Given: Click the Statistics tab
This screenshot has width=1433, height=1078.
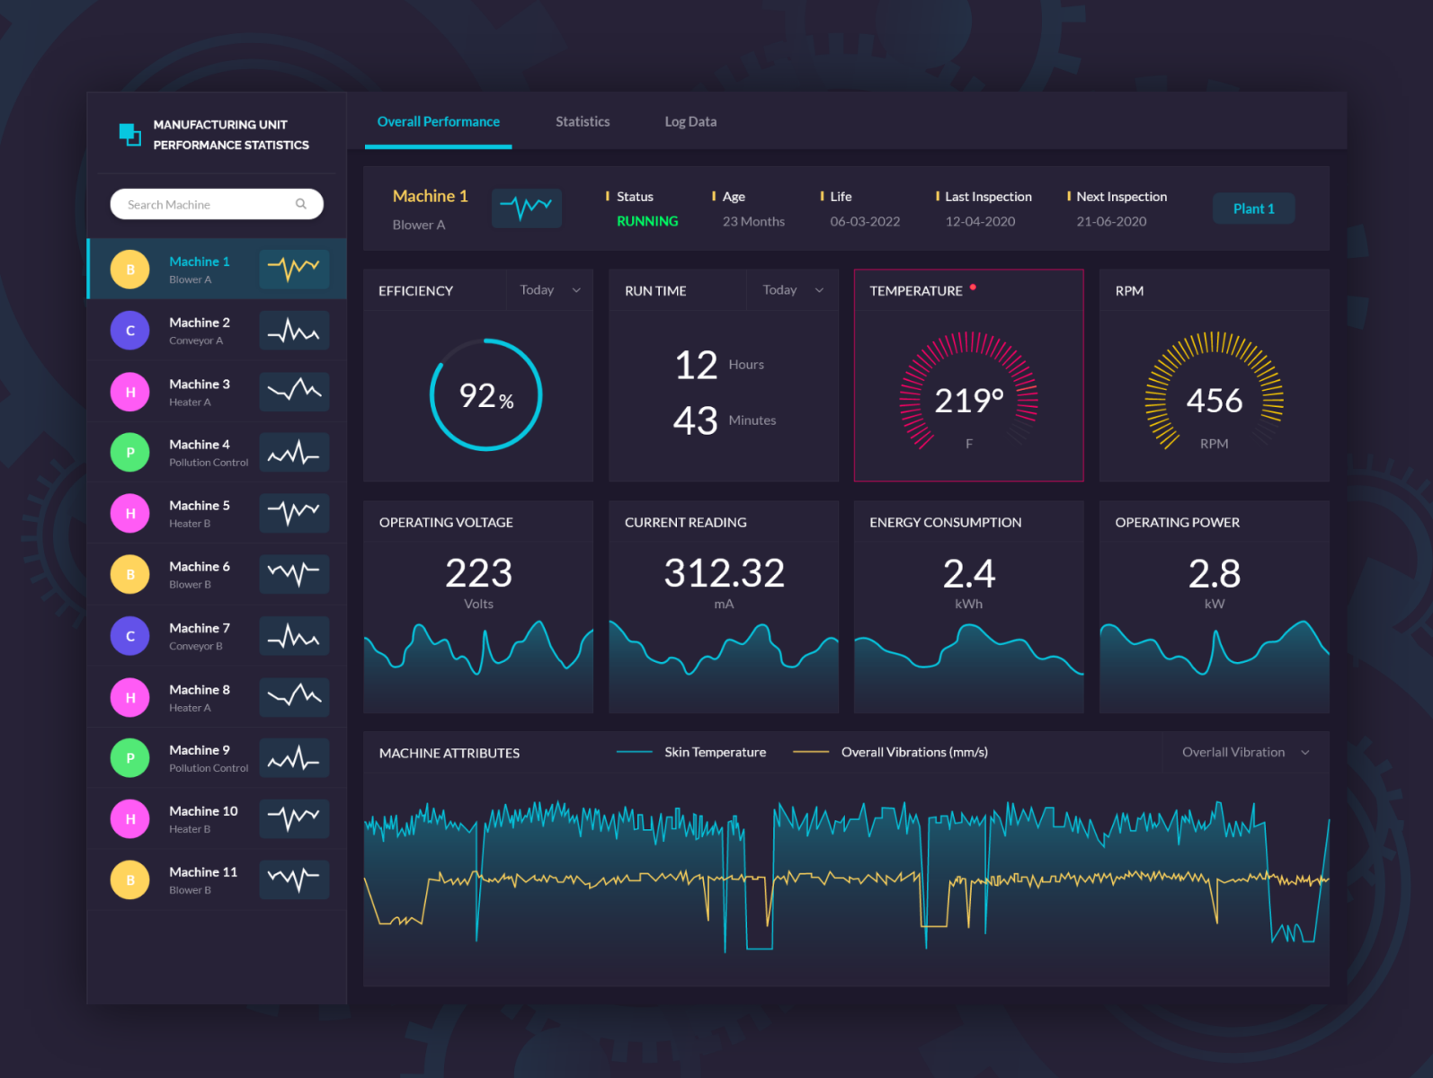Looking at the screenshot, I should tap(583, 121).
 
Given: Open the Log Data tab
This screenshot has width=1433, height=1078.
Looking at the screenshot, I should tap(690, 121).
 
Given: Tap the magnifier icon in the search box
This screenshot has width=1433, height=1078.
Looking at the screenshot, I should tap(301, 204).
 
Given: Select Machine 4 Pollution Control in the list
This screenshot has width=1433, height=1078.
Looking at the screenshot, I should tap(208, 453).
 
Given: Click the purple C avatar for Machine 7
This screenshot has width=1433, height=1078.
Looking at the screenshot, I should tap(130, 636).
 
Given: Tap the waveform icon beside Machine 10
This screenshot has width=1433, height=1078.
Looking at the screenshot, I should tap(294, 818).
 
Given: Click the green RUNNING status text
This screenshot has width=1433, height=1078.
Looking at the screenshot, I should tap(647, 221).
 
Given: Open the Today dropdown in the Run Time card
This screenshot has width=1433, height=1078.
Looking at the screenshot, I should tap(792, 290).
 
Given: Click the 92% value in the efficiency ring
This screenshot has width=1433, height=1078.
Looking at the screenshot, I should tap(485, 395).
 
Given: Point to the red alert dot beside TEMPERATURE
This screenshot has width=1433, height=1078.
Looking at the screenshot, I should tap(973, 287).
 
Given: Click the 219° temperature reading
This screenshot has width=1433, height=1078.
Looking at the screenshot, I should tap(968, 401).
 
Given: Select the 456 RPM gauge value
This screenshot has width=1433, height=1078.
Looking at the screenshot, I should tap(1214, 401).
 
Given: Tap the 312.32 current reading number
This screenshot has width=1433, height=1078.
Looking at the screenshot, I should tap(724, 573).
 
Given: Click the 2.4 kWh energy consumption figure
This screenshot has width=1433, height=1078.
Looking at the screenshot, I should tap(968, 573).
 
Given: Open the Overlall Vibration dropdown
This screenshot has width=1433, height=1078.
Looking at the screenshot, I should tap(1245, 753).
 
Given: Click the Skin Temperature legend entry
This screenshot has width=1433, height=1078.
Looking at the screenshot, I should tap(715, 753).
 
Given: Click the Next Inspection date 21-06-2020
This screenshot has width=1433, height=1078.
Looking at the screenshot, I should tap(1111, 222).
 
